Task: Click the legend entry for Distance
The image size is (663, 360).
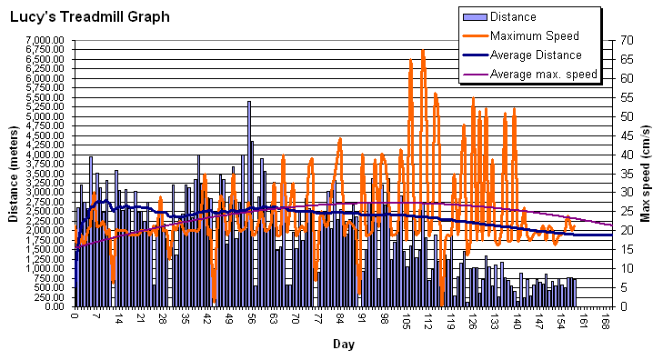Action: (x=513, y=16)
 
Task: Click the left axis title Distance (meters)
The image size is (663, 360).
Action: (x=14, y=174)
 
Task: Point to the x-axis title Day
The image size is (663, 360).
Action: (x=343, y=345)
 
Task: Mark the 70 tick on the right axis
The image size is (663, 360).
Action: (x=627, y=41)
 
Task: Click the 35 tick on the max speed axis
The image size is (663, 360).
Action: (x=627, y=174)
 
